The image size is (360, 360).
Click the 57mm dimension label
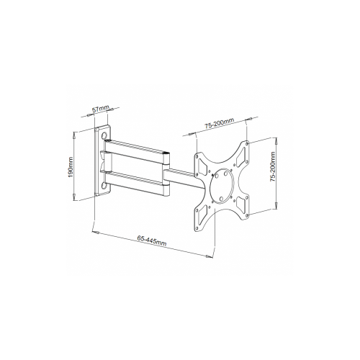[x=102, y=109]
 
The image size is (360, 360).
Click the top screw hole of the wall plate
[x=107, y=135]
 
